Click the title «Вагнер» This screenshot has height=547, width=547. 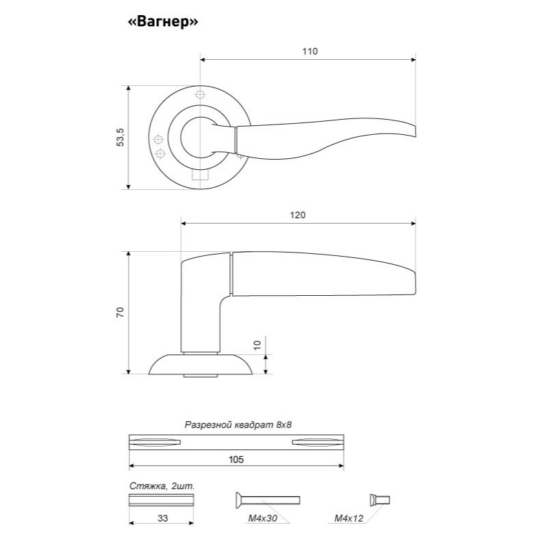163,22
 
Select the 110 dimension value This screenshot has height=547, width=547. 310,52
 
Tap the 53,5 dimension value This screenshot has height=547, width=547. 120,138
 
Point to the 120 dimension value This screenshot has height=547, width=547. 297,215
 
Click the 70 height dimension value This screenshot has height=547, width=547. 120,312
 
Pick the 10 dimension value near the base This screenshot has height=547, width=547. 257,345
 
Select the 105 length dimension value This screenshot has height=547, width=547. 236,460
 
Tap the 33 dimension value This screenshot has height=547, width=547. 162,518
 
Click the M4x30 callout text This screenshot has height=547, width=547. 263,518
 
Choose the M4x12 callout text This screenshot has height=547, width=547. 349,518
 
